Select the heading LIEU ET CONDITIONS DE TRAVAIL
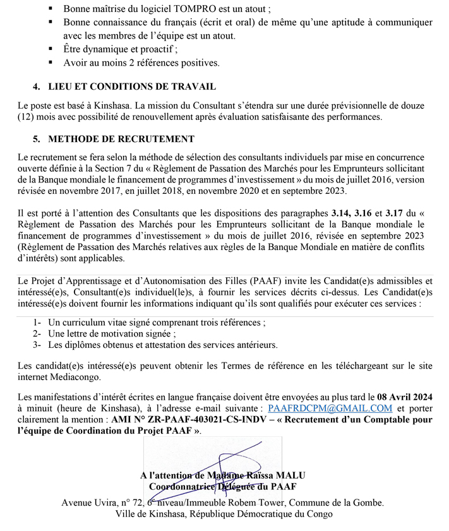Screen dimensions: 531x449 click(x=132, y=87)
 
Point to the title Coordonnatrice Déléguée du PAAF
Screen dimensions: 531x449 click(x=222, y=486)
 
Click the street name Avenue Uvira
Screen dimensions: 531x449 click(x=91, y=503)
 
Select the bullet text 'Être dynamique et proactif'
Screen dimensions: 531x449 click(x=121, y=49)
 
